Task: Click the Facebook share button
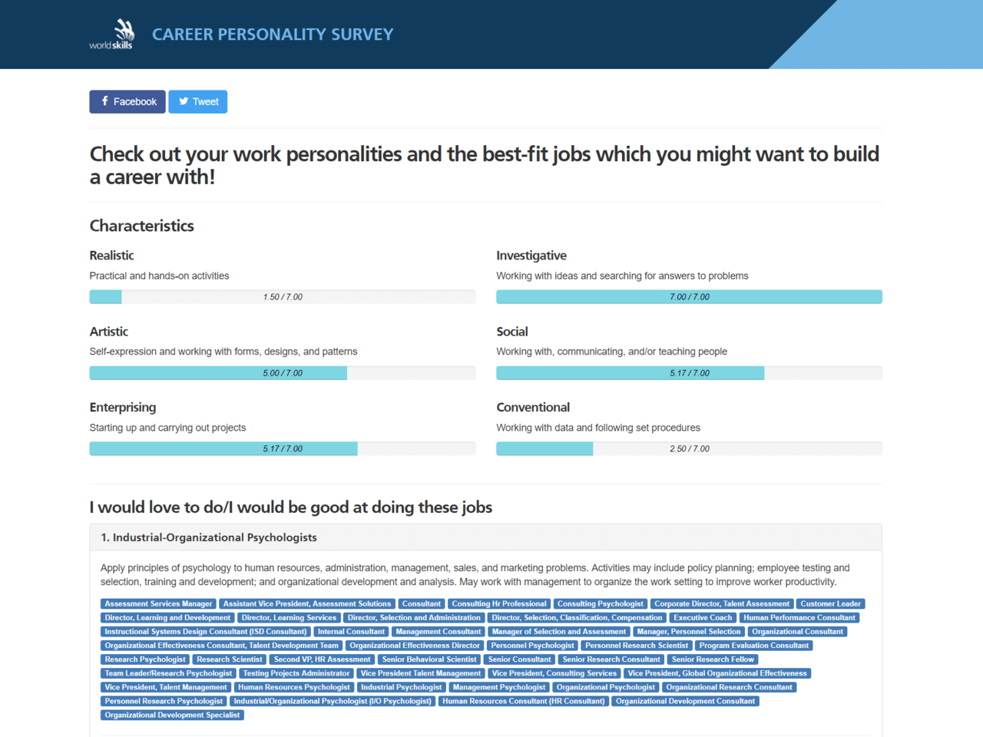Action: click(x=127, y=101)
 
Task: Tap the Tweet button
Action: click(x=198, y=101)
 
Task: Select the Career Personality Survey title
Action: click(x=273, y=35)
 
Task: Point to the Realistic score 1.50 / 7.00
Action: click(x=283, y=297)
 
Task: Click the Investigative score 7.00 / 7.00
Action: click(x=690, y=297)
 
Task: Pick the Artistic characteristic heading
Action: click(x=109, y=332)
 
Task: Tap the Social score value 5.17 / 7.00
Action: click(x=690, y=373)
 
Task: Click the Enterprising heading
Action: click(x=123, y=408)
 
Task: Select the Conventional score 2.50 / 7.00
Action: click(x=690, y=449)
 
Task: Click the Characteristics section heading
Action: click(x=142, y=226)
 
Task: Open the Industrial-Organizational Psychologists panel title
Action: click(x=209, y=537)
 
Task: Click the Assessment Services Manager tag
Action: click(x=158, y=604)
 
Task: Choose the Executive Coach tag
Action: click(x=703, y=618)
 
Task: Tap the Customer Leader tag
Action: click(x=830, y=604)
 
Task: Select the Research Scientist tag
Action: click(x=229, y=659)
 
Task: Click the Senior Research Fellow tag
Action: click(x=713, y=659)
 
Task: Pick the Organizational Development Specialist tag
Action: click(x=172, y=715)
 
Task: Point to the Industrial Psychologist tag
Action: click(x=401, y=687)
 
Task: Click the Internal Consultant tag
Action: click(x=351, y=632)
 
